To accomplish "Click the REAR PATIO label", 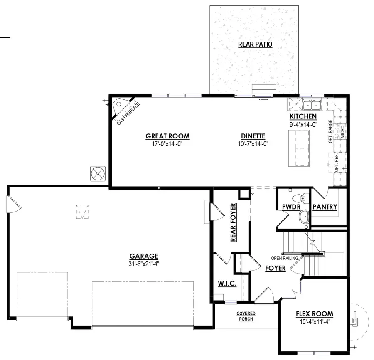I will click(x=255, y=44).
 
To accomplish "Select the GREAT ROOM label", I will click(x=167, y=136).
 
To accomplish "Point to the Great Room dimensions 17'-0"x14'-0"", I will click(x=167, y=144).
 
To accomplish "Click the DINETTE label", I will click(x=253, y=136).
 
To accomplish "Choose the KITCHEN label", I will click(x=303, y=116).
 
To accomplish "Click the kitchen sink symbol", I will click(x=310, y=103).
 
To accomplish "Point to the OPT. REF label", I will click(x=337, y=163).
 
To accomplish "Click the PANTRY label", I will click(x=325, y=207).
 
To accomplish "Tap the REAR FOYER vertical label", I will click(x=233, y=222).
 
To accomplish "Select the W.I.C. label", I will click(x=227, y=284).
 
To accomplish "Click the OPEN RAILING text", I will click(x=285, y=258).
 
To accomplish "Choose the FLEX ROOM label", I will click(x=314, y=314).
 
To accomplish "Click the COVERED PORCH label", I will click(x=246, y=316).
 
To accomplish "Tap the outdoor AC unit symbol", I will click(x=98, y=173).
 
